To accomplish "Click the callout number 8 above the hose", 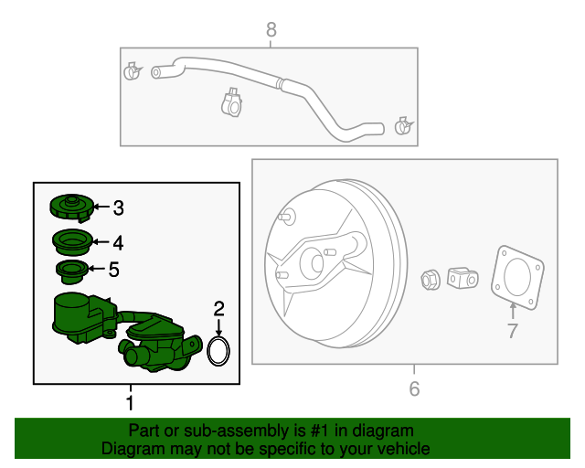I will point(271,31).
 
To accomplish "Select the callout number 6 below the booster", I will point(414,389).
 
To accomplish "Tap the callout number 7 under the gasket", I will point(512,331).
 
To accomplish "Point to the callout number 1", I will point(130,402).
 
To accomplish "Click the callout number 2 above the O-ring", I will point(218,307).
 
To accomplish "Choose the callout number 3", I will point(119,208).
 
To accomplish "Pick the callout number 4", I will point(118,243).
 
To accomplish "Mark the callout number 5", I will point(114,270).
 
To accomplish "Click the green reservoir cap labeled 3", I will point(69,206).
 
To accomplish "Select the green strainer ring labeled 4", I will point(71,242).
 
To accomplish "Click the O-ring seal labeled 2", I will point(218,351).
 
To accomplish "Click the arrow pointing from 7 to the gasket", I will point(512,310).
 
